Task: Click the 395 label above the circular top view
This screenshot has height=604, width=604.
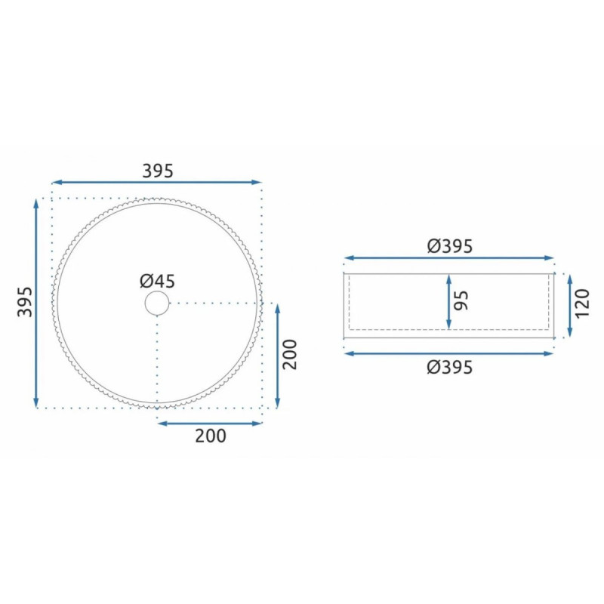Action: [x=158, y=171]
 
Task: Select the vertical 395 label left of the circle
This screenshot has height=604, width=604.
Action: [x=25, y=301]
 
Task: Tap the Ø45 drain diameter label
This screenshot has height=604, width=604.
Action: [x=157, y=281]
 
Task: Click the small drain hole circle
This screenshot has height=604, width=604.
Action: [x=157, y=304]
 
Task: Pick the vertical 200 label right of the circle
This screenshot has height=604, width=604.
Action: [x=290, y=354]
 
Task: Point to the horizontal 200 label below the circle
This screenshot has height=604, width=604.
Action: [x=211, y=436]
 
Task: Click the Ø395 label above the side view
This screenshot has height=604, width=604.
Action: [x=449, y=246]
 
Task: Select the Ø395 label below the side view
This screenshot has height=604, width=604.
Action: [x=449, y=367]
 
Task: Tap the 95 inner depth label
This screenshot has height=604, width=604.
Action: [x=461, y=300]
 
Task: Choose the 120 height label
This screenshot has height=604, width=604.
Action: [x=582, y=303]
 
